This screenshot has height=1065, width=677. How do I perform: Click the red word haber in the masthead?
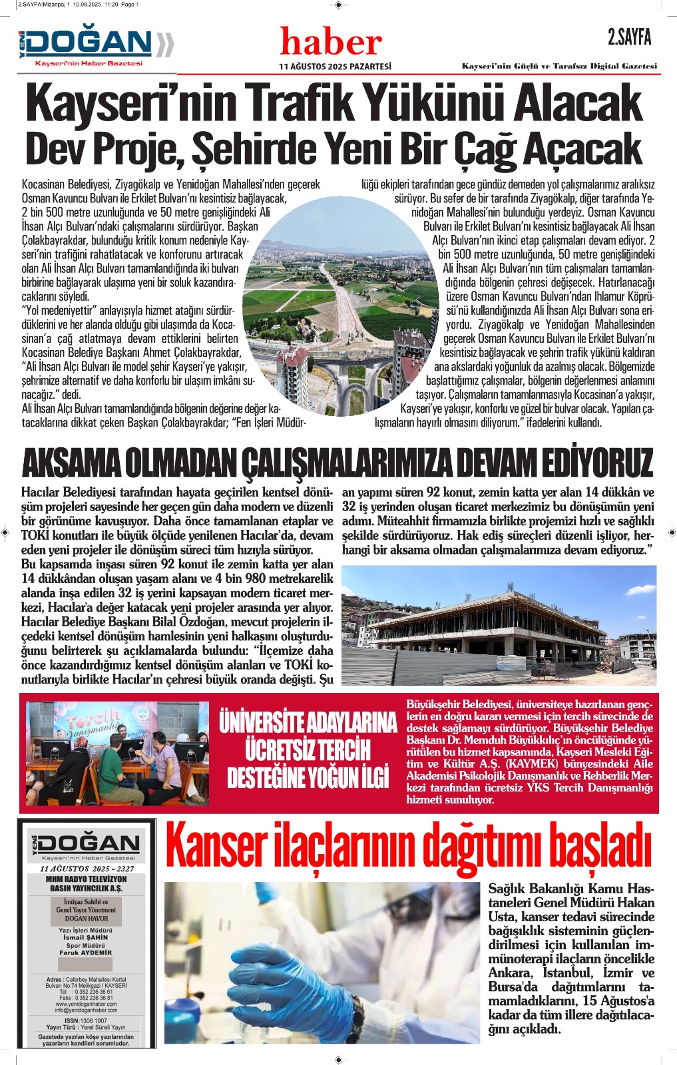point(331,43)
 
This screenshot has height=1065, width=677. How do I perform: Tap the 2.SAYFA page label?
point(629,37)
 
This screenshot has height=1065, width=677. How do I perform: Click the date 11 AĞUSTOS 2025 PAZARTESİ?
point(335,67)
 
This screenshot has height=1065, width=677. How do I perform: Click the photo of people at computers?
point(117,753)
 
